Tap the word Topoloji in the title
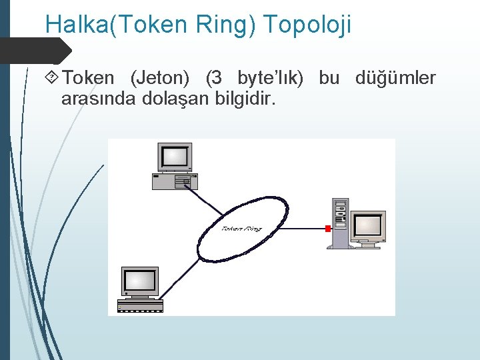click(307, 25)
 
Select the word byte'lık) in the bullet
click(270, 79)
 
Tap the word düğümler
click(396, 79)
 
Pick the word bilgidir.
click(247, 99)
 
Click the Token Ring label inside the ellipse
click(241, 229)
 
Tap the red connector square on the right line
click(327, 229)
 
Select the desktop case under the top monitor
click(175, 181)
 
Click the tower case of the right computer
click(341, 221)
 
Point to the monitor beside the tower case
click(368, 226)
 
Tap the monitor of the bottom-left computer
click(141, 281)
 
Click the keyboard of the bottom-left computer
click(140, 306)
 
